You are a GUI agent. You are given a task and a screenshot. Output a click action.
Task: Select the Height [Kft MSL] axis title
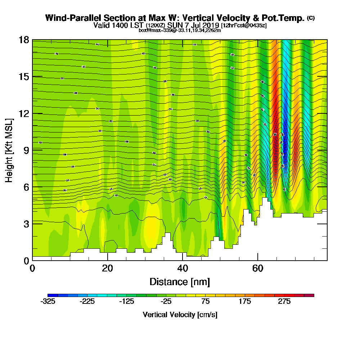tap(9, 150)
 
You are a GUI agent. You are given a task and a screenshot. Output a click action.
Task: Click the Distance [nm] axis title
tap(180, 282)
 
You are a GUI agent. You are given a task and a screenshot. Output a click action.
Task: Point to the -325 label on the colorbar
tap(48, 302)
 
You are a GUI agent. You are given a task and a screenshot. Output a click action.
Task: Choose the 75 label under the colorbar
tap(206, 302)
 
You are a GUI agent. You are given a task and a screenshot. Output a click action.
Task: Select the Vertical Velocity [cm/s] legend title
tap(180, 315)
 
